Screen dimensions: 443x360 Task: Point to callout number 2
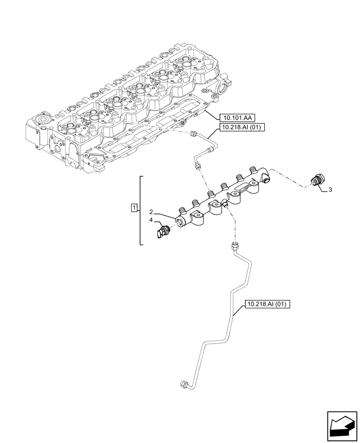coord(151,211)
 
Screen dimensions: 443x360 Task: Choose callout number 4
coord(151,220)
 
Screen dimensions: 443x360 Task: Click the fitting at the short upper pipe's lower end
coord(197,166)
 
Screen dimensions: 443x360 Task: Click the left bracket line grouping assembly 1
coord(141,210)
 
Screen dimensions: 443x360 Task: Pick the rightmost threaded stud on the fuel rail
coord(254,169)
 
